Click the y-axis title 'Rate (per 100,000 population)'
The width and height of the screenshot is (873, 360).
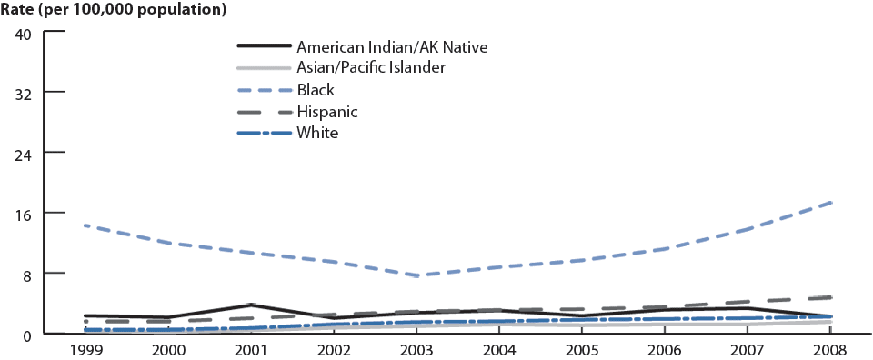(x=114, y=11)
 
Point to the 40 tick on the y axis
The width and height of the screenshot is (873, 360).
(x=24, y=33)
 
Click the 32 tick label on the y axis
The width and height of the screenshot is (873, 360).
(x=24, y=93)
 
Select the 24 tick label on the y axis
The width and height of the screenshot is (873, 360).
(x=24, y=153)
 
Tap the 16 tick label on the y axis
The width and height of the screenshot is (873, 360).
(x=24, y=213)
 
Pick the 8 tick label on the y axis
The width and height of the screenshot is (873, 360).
(x=28, y=273)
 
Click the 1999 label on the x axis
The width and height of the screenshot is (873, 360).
(x=85, y=349)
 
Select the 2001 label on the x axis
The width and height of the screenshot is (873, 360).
(x=250, y=349)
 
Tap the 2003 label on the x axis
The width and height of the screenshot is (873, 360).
(x=416, y=349)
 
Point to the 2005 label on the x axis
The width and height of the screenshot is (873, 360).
(x=582, y=349)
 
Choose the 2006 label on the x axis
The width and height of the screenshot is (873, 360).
(x=665, y=349)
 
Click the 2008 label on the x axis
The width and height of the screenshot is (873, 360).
(x=830, y=349)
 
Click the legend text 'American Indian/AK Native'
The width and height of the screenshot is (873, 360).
(x=398, y=46)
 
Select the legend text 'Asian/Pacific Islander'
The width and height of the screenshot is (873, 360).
(x=383, y=67)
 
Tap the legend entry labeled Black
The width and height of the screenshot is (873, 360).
(x=316, y=89)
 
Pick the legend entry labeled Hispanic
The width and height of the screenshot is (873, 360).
(x=326, y=111)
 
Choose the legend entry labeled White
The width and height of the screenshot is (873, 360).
(x=317, y=133)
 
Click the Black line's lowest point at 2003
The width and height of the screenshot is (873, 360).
(x=416, y=275)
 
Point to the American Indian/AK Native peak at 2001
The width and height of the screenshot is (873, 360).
(x=250, y=305)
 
